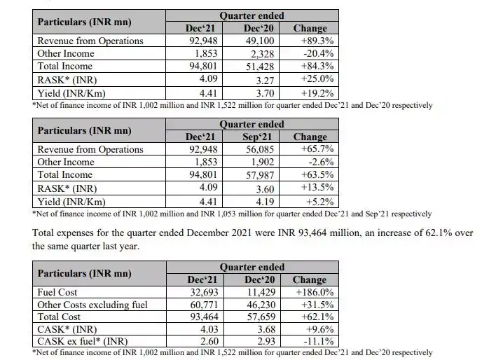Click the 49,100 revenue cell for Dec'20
pos(259,41)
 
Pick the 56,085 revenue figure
pos(259,150)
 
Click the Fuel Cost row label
pos(58,292)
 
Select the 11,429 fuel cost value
pos(259,292)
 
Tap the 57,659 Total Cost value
pos(259,316)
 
